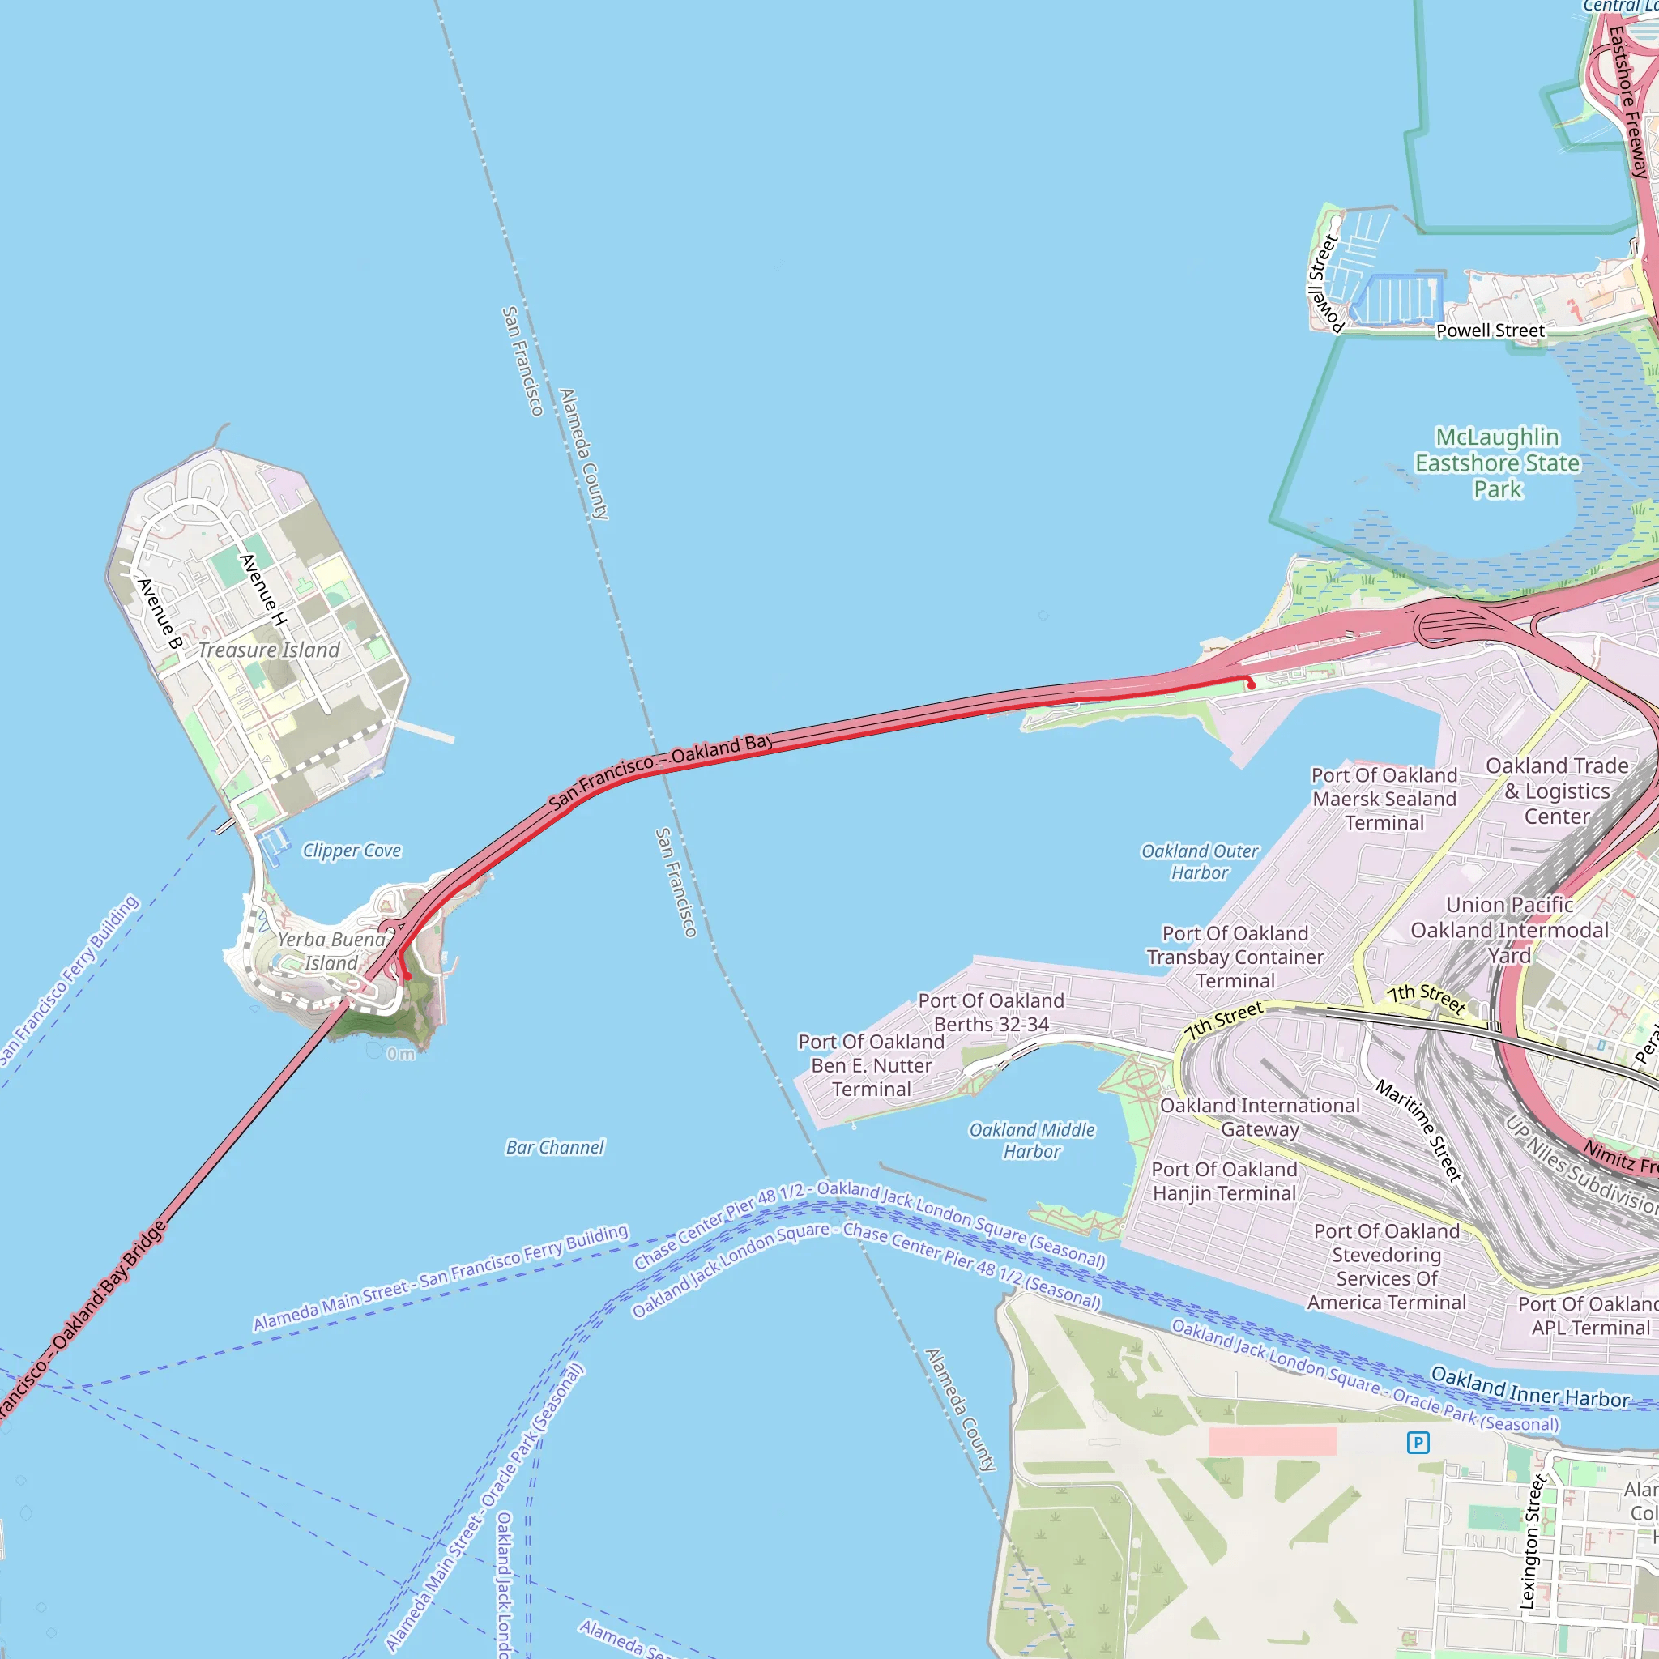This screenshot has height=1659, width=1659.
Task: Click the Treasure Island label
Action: pos(269,650)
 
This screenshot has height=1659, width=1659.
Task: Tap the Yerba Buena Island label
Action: pos(331,952)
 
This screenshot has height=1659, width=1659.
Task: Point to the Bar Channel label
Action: pos(555,1147)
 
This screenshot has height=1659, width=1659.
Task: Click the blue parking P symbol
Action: pos(1418,1443)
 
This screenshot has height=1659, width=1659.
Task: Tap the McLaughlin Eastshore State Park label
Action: pos(1498,463)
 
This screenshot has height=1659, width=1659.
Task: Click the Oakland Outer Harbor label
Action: pos(1199,861)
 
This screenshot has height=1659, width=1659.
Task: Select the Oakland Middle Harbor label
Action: pos(1031,1141)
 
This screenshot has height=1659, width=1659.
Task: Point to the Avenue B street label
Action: pos(160,614)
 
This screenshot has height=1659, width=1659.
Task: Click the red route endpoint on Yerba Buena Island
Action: pos(408,976)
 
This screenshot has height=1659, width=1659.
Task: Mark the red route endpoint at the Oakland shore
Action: pos(1251,685)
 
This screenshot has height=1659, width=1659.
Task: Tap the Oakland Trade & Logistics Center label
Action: pos(1557,791)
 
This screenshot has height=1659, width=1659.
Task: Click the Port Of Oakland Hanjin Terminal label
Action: pos(1224,1181)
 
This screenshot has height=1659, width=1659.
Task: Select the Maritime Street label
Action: pos(1418,1131)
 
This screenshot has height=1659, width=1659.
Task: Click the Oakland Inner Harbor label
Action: pos(1529,1387)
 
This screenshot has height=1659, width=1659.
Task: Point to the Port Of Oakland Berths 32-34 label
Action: pos(991,1013)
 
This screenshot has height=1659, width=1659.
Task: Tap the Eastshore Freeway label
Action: pos(1629,103)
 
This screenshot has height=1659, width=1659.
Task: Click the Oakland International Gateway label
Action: pos(1260,1117)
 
